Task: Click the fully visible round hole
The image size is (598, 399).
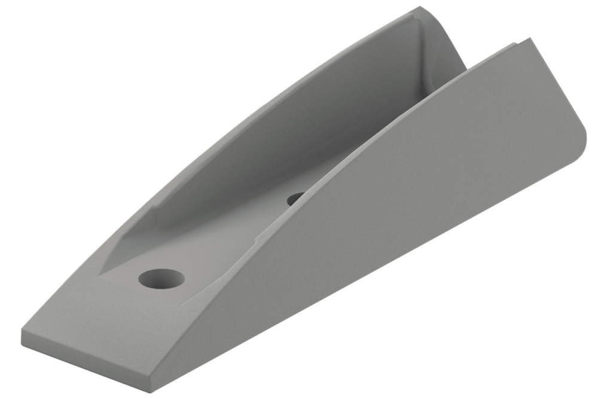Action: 161,278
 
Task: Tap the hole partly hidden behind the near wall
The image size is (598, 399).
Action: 295,198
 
